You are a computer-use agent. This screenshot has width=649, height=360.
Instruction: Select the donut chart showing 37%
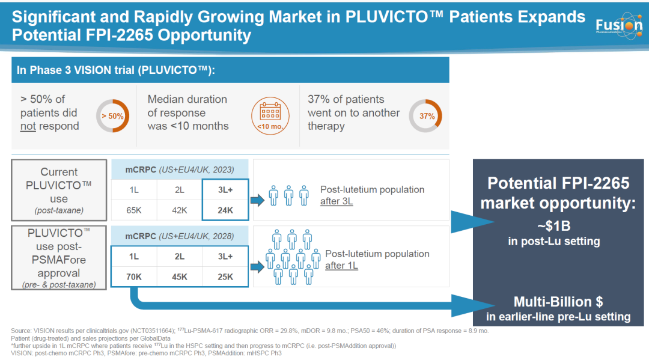pos(426,116)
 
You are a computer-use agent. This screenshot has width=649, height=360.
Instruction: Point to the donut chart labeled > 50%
pos(112,115)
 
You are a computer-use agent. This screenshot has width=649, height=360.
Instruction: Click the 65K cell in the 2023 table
pos(134,210)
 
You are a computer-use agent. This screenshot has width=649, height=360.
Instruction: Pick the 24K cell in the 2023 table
pos(225,210)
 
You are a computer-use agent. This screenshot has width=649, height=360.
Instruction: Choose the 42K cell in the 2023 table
pos(179,210)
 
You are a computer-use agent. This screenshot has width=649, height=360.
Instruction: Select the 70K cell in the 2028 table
pos(134,276)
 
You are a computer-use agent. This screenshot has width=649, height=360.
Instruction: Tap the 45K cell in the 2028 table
pos(179,276)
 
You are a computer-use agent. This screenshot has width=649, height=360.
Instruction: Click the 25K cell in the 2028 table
pos(225,276)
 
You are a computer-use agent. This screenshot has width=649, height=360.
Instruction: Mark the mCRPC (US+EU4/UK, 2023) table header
pos(179,169)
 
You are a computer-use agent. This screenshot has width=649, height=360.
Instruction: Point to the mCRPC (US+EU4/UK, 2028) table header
pos(179,236)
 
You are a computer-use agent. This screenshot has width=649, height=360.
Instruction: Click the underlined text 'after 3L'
pos(337,202)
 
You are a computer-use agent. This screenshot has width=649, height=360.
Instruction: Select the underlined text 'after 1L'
pos(341,266)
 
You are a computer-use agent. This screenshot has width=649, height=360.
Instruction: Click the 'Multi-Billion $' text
pos(558,302)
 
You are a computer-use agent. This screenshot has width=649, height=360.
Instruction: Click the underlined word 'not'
pos(28,126)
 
